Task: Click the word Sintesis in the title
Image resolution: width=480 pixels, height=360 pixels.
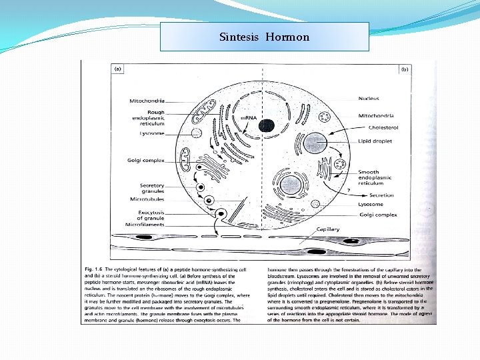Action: coord(240,37)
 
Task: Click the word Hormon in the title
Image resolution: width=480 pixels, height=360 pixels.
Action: coord(287,37)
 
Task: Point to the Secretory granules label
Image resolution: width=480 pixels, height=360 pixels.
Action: coord(151,188)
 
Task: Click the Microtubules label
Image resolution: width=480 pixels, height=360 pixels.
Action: coord(147,199)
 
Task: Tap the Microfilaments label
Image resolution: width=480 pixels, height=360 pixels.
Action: coord(146,225)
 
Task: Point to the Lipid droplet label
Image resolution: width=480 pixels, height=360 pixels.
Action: coord(375,141)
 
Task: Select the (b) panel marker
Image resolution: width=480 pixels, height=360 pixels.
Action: coord(403,68)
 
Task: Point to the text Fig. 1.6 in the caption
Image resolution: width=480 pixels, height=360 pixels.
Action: coord(95,269)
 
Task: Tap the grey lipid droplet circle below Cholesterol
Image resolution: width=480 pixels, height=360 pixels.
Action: coord(313,143)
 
